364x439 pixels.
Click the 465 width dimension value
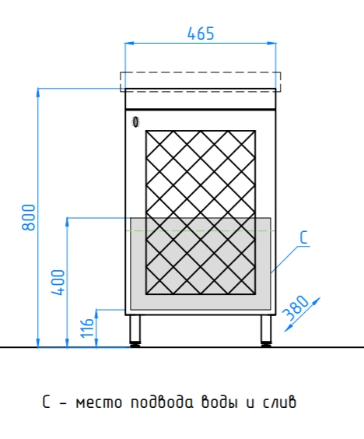(201, 33)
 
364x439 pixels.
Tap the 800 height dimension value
(29, 217)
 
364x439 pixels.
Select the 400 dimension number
(58, 283)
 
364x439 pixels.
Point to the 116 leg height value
(87, 328)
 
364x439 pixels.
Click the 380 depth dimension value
(296, 308)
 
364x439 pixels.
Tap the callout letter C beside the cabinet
(303, 237)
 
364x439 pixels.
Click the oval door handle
(135, 122)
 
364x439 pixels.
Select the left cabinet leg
(135, 331)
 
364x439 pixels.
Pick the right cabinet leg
(266, 331)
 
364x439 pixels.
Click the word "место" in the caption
(99, 403)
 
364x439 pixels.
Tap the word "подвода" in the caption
(162, 402)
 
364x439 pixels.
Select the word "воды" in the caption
(219, 402)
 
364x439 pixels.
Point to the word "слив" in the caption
(279, 402)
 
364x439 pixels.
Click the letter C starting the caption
(47, 402)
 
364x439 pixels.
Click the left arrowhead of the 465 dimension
(129, 43)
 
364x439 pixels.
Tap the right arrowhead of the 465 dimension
(271, 43)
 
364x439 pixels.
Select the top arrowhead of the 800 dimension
(38, 93)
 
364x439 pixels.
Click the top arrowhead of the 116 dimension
(96, 314)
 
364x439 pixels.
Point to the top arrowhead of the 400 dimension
(67, 223)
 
